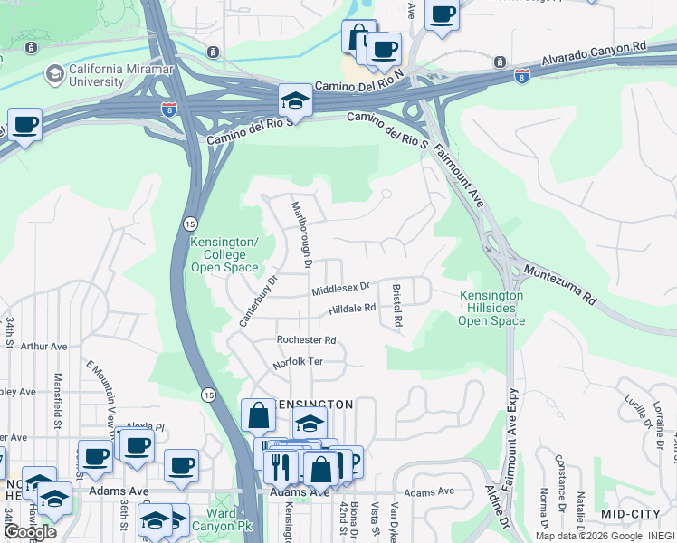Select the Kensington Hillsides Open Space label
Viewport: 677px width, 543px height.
point(491,308)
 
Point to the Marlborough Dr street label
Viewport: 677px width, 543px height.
point(300,234)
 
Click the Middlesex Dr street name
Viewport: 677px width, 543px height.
point(340,289)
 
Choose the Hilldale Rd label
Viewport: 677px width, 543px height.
point(351,309)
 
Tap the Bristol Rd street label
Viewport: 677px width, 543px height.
point(396,305)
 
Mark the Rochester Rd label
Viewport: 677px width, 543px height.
point(306,340)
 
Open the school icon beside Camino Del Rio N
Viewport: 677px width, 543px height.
point(295,101)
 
